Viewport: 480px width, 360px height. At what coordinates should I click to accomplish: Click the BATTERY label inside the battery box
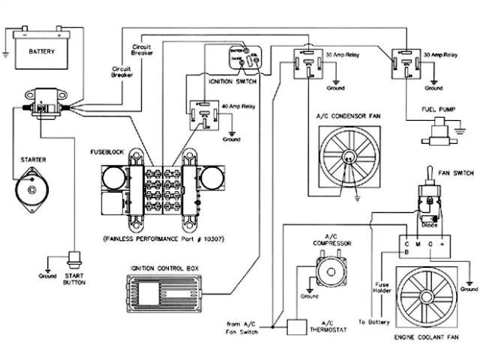42,52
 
